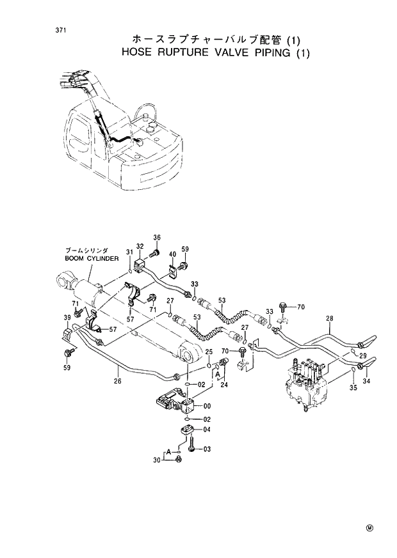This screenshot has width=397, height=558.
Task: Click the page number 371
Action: tap(44, 30)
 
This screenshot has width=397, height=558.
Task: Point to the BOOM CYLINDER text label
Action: tap(92, 258)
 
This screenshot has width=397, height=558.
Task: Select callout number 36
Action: tap(156, 238)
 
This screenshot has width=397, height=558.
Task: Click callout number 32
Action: tap(140, 247)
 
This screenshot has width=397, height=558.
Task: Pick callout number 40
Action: tap(172, 255)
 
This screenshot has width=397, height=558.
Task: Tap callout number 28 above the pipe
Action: tap(329, 318)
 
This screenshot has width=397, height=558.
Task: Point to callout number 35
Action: tap(353, 388)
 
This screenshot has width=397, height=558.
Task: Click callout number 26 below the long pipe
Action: tap(117, 382)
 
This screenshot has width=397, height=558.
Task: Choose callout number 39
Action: tap(67, 318)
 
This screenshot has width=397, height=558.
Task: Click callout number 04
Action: tap(207, 430)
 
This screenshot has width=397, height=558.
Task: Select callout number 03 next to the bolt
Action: tap(207, 449)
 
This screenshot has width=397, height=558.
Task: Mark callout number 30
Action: tap(157, 460)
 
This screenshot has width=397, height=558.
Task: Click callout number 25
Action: tap(208, 352)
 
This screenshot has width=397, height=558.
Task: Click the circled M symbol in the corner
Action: tap(369, 527)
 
